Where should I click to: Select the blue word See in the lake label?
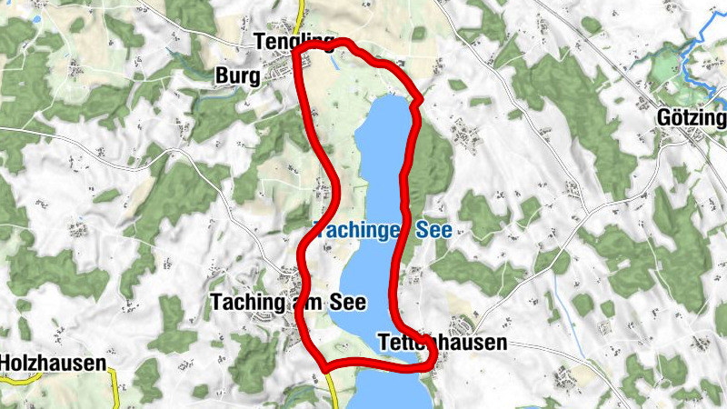tap(434, 231)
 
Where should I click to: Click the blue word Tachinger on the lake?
tap(359, 231)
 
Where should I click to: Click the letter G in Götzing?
tap(664, 120)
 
